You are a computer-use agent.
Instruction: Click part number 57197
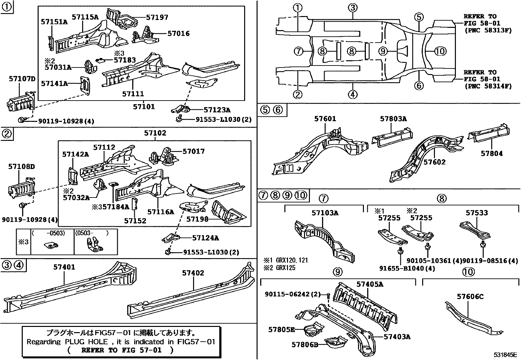[x=157, y=17]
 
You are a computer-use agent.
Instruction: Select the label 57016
[x=178, y=33]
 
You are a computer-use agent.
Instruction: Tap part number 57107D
[x=22, y=79]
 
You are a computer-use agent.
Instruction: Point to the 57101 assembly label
[x=144, y=107]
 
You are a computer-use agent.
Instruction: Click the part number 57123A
[x=217, y=110]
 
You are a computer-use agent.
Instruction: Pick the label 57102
[x=155, y=133]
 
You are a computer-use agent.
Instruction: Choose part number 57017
[x=193, y=151]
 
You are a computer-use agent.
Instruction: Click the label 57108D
[x=22, y=167]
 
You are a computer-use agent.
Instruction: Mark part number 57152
[x=135, y=221]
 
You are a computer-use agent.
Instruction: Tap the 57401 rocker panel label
[x=64, y=267]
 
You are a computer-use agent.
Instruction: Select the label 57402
[x=193, y=273]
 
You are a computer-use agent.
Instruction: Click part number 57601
[x=325, y=119]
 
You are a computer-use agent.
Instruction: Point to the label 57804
[x=492, y=153]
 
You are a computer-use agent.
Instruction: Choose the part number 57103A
[x=325, y=213]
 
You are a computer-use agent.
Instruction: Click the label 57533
[x=477, y=213]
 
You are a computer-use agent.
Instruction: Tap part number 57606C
[x=470, y=297]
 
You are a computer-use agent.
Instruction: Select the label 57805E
[x=281, y=329]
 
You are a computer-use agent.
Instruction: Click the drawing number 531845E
[x=505, y=355]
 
